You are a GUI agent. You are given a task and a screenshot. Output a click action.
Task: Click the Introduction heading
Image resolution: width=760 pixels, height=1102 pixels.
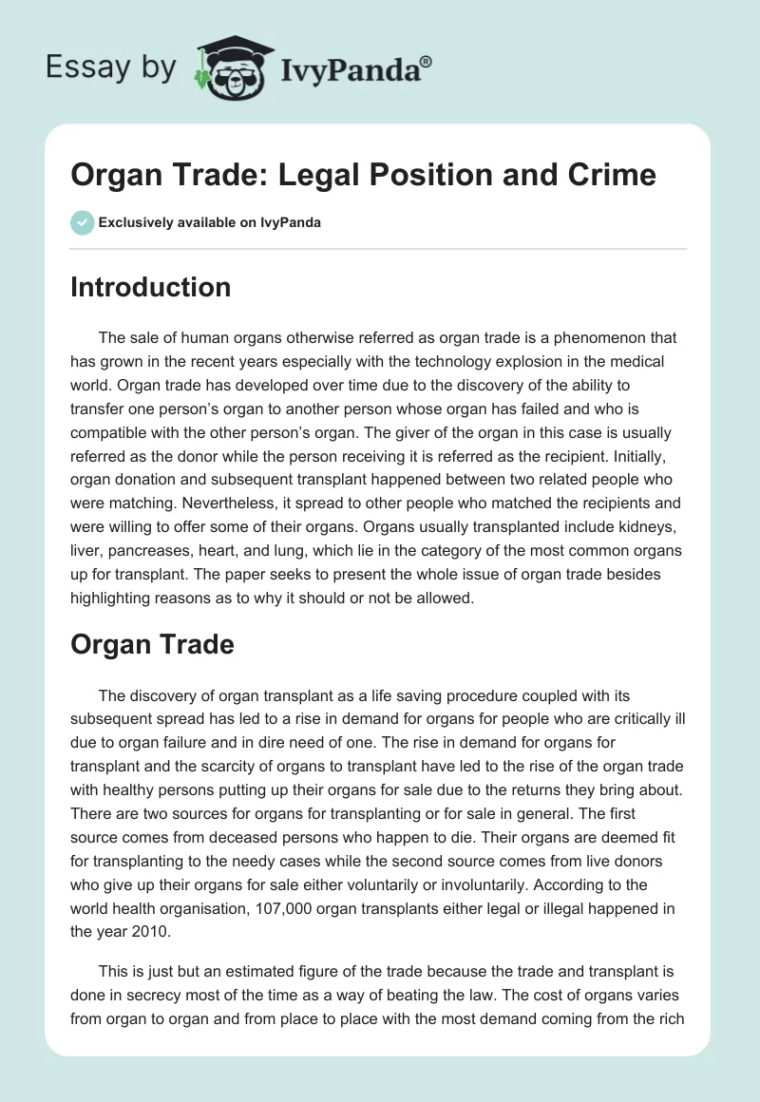[150, 287]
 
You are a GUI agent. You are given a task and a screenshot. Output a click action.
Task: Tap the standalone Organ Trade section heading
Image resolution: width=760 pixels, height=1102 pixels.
[152, 644]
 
